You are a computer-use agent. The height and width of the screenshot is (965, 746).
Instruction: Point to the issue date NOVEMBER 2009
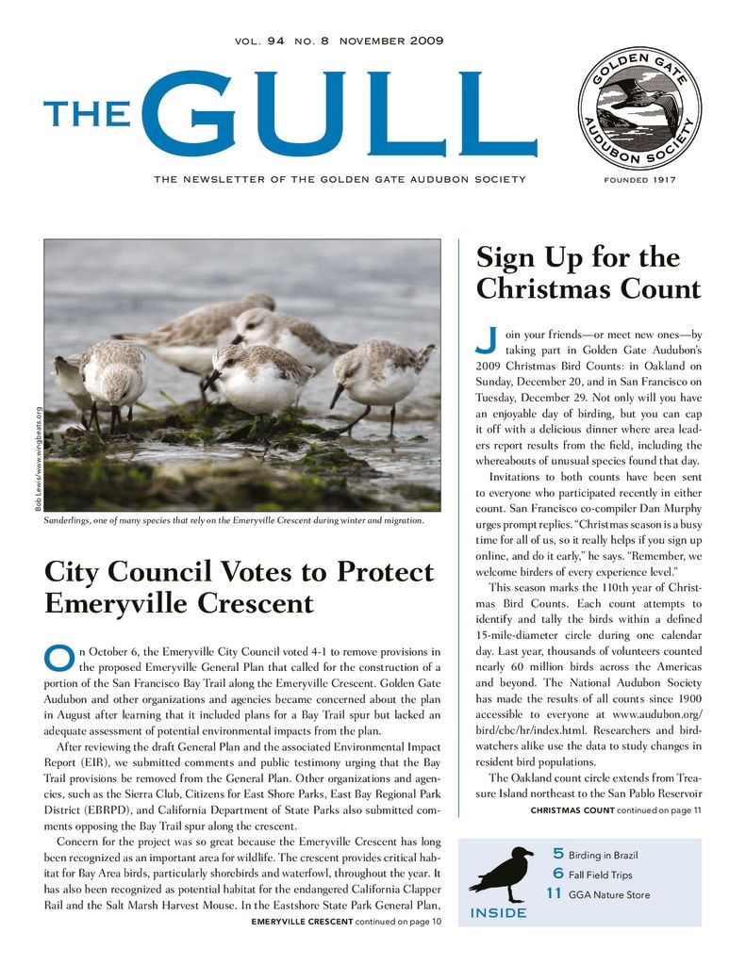pos(390,41)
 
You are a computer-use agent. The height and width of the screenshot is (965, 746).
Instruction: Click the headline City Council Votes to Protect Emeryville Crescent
pos(240,586)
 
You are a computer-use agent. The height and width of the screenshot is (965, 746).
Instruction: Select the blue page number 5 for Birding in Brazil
pos(558,854)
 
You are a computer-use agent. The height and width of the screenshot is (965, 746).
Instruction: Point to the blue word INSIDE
pos(498,913)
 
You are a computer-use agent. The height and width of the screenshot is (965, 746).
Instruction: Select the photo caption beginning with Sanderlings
pos(234,520)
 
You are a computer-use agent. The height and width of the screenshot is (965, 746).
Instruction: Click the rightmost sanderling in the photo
pos(381,377)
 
